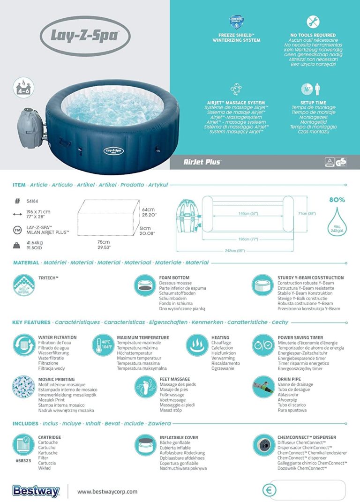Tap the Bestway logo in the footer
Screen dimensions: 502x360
tap(36, 491)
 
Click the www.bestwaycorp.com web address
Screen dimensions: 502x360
tap(107, 491)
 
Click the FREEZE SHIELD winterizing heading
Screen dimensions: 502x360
tap(236, 37)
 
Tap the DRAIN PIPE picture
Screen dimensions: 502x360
tap(263, 386)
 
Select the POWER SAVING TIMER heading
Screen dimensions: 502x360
tap(300, 337)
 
